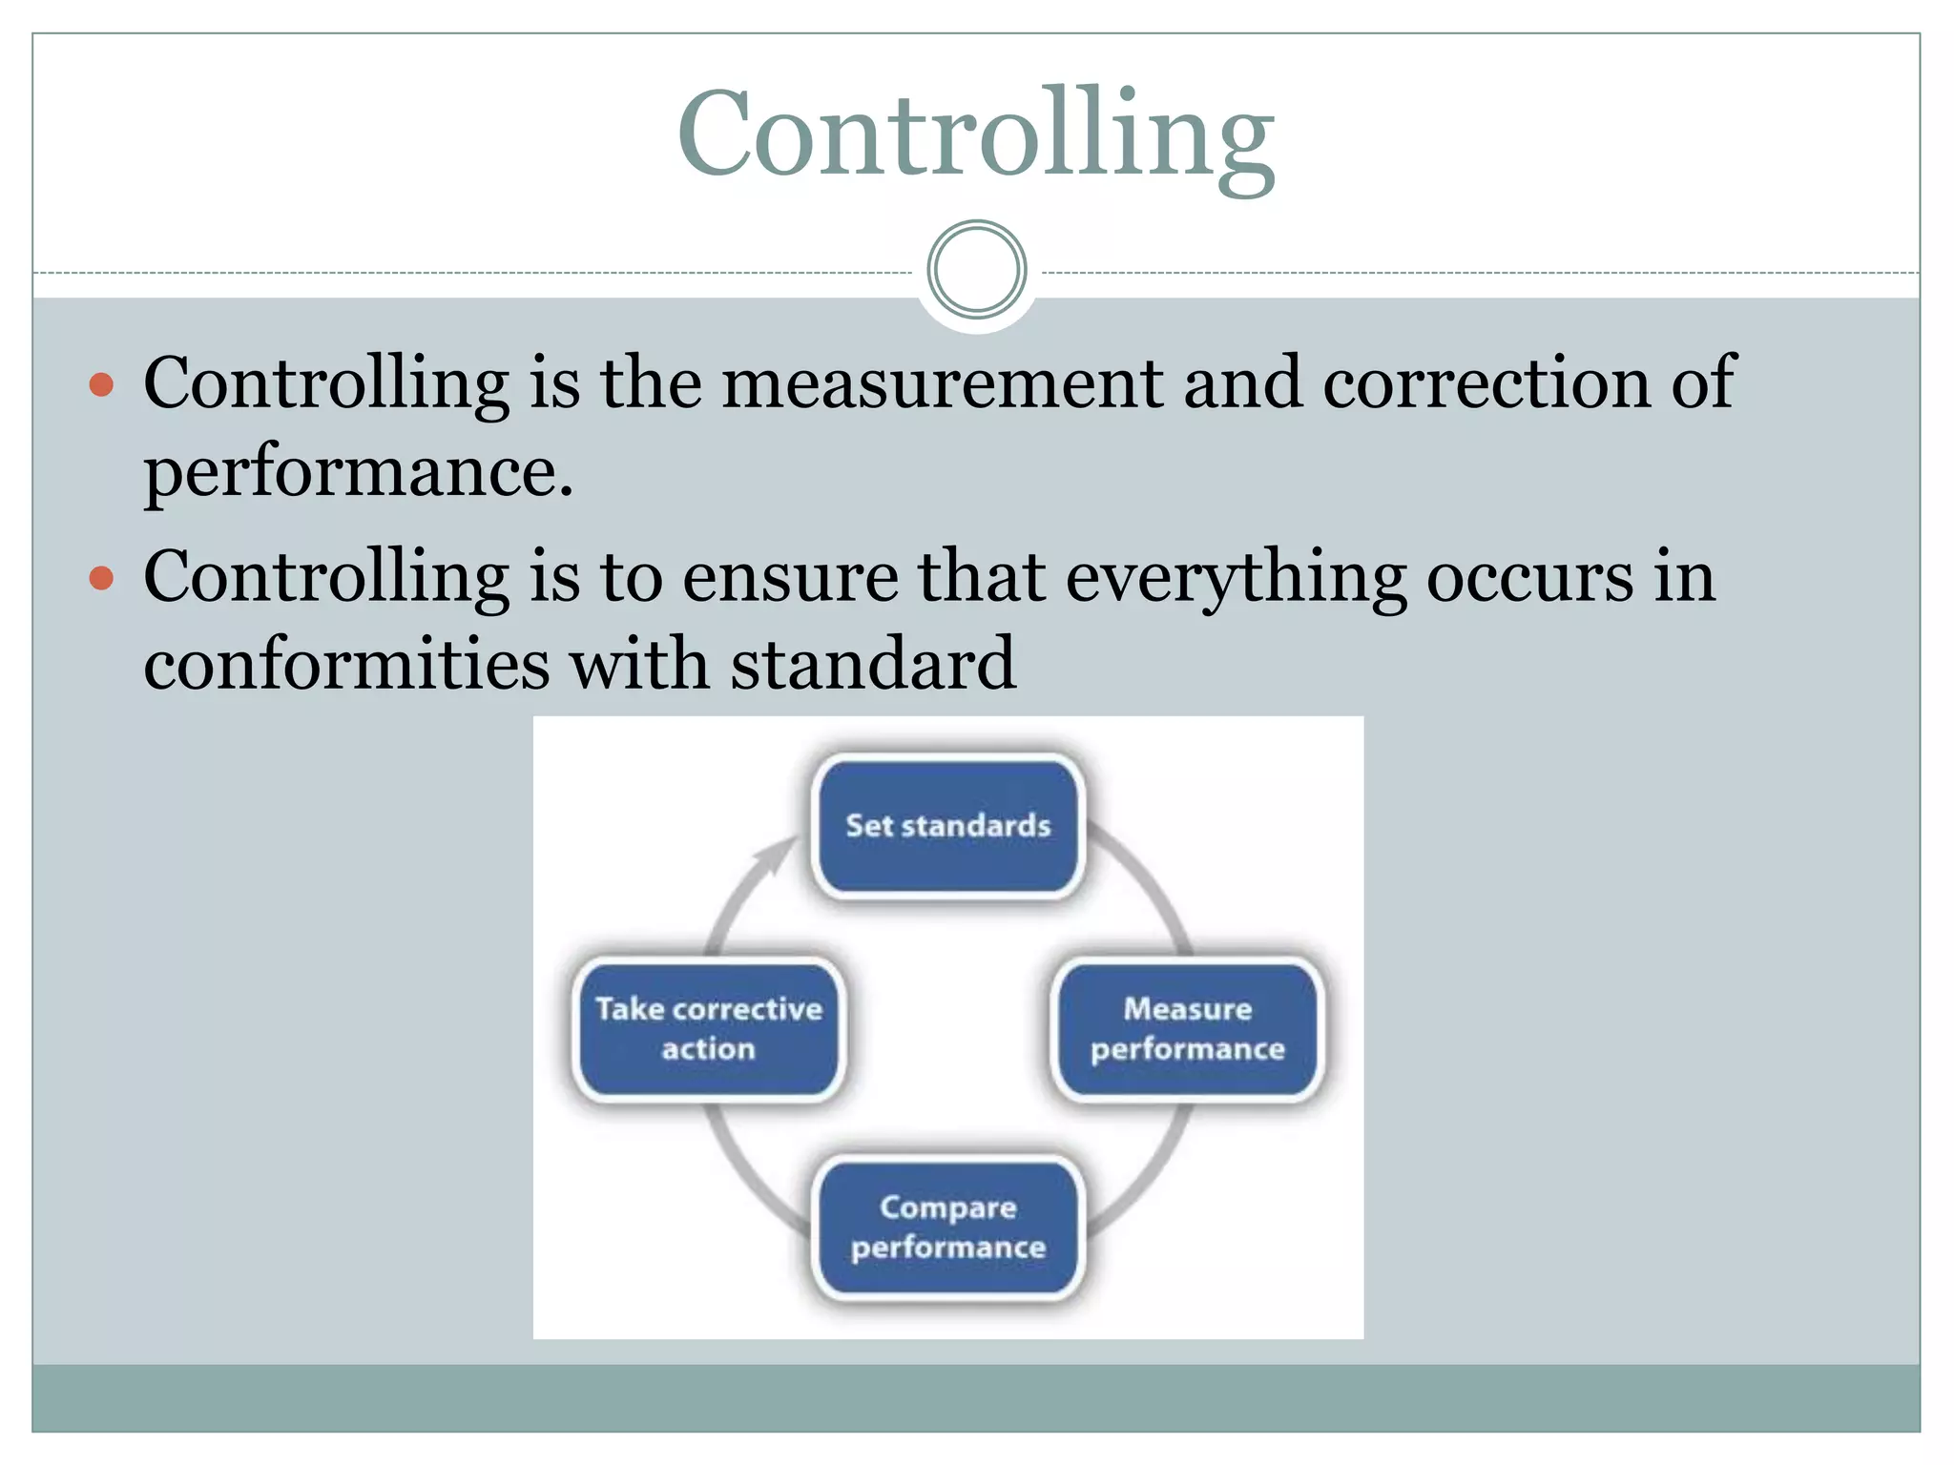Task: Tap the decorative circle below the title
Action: (x=976, y=269)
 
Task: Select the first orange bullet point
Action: (x=101, y=384)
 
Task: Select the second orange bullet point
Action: (x=101, y=578)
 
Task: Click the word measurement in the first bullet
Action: (x=943, y=383)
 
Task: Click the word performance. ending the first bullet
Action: (x=358, y=471)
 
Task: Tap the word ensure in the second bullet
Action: (x=790, y=577)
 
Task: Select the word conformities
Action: (x=346, y=664)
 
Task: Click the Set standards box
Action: (x=947, y=826)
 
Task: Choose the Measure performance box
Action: (x=1187, y=1029)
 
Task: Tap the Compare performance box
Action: (x=947, y=1227)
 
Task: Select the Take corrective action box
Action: (x=708, y=1029)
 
